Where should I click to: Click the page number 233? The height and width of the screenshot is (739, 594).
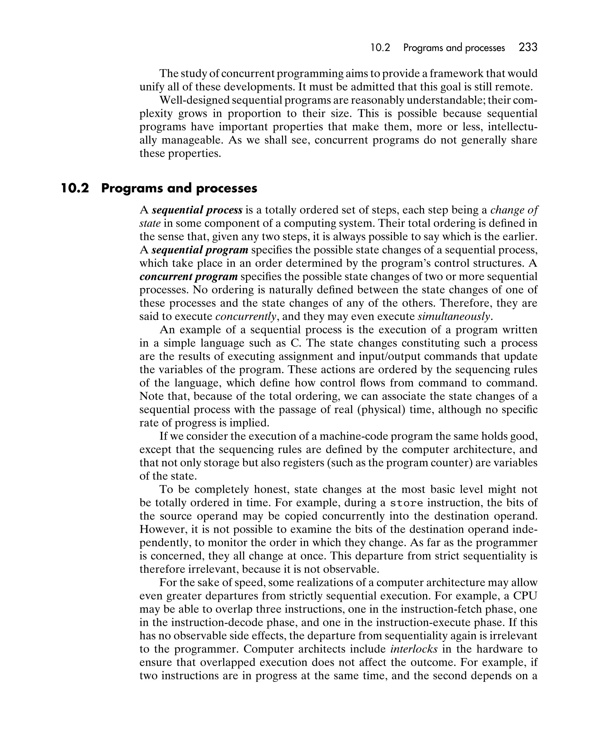pos(528,47)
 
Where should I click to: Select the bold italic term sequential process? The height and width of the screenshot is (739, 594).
pos(197,210)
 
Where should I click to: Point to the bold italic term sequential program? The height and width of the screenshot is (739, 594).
pos(200,250)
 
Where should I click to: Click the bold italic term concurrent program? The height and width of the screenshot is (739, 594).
pos(189,276)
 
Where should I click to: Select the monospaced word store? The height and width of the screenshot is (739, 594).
pos(407,503)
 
